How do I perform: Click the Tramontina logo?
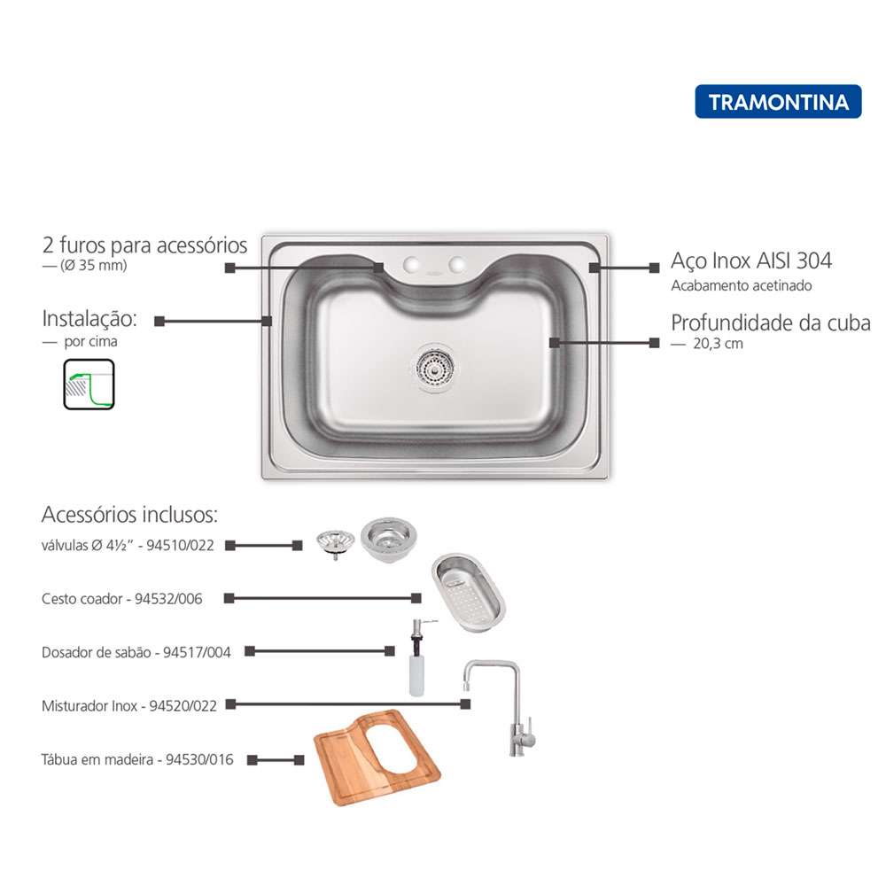778,102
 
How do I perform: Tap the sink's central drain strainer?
434,368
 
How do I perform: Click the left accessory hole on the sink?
411,264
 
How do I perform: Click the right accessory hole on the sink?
456,264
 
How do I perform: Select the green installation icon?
89,385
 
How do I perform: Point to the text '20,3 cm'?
718,344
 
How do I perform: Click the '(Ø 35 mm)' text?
93,265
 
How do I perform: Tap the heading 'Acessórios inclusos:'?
129,515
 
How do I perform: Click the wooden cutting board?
377,758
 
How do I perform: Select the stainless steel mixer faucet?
501,707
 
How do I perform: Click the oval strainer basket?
469,592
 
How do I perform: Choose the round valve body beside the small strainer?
389,539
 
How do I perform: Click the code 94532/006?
168,599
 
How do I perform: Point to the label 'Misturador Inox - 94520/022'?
129,706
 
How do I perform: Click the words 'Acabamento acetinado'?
742,286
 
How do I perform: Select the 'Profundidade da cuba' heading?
771,323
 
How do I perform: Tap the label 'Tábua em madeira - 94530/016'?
137,759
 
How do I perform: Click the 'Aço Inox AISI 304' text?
751,260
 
